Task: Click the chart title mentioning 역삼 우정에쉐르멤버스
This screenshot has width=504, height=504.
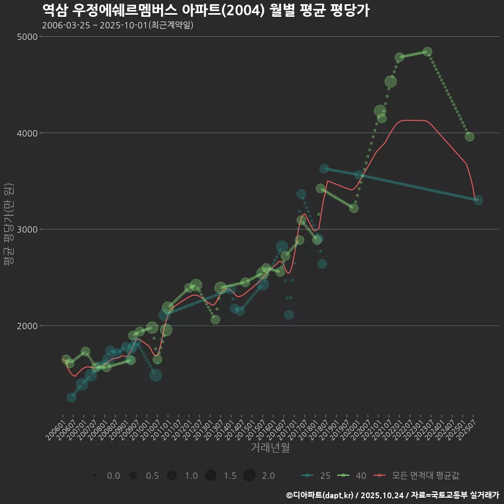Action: [x=205, y=10]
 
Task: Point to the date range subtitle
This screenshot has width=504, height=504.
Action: [x=118, y=25]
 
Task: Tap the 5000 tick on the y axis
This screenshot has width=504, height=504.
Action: [x=27, y=37]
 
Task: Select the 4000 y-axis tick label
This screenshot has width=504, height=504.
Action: [x=27, y=133]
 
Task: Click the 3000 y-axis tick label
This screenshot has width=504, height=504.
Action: [x=27, y=229]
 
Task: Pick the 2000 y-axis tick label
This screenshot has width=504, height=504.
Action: [x=27, y=326]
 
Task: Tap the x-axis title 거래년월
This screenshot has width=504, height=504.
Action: [x=270, y=447]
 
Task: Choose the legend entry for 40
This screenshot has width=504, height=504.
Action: [x=352, y=476]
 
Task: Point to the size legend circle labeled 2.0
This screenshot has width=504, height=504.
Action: [x=249, y=476]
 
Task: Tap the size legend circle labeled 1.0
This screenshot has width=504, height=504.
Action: [x=172, y=476]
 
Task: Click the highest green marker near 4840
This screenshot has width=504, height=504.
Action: [x=427, y=51]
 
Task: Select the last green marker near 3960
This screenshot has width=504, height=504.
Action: [x=469, y=136]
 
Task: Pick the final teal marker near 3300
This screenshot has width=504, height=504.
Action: [x=478, y=200]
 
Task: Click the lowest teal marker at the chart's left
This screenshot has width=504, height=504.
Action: [x=71, y=397]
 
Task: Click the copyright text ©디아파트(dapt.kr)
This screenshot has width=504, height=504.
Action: [x=320, y=495]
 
